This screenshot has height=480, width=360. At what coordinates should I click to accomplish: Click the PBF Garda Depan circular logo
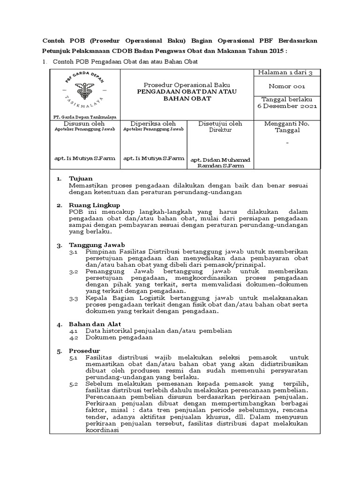(x=85, y=91)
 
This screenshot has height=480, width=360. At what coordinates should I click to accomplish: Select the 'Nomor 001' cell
(x=286, y=86)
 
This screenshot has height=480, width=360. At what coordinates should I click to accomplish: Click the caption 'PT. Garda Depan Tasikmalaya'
(x=84, y=117)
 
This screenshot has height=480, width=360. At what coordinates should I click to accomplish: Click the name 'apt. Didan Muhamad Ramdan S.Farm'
(x=220, y=163)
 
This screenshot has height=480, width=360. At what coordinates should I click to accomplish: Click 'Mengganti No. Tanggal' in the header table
(x=286, y=127)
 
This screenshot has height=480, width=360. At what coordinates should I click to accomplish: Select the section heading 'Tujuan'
(x=81, y=179)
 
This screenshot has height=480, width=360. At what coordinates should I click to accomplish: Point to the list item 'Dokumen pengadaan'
(x=119, y=337)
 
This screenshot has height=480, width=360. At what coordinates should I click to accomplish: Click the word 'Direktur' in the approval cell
(x=220, y=130)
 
